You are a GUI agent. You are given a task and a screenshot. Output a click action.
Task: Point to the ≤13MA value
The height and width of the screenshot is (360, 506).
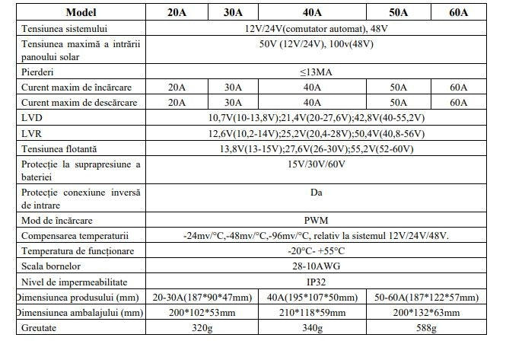(x=316, y=72)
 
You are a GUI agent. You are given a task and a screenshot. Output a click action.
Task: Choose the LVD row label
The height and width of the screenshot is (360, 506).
(x=33, y=117)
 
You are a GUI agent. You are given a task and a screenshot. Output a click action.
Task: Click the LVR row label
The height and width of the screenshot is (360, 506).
(x=33, y=132)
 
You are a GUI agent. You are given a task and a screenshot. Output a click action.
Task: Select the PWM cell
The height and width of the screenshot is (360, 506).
(x=316, y=220)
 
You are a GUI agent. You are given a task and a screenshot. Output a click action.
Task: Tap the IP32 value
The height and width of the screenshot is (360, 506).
(x=316, y=282)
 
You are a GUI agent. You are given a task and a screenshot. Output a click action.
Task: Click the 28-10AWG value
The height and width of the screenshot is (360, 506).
(x=316, y=266)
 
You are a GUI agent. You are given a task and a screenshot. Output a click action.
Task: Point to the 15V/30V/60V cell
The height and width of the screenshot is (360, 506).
(x=316, y=163)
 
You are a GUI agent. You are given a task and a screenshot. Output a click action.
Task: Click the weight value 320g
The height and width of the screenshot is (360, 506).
(x=202, y=329)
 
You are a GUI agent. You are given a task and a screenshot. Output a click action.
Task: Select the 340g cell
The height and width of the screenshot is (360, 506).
(x=312, y=329)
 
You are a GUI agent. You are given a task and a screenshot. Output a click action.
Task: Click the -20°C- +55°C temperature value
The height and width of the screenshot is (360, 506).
(x=316, y=251)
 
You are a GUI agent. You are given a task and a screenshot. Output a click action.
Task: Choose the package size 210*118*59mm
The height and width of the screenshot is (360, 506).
(x=312, y=313)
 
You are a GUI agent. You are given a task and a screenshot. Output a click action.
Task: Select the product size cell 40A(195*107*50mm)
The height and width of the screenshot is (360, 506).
(x=312, y=297)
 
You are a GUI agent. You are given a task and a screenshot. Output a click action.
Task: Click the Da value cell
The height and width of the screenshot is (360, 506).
(x=316, y=193)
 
